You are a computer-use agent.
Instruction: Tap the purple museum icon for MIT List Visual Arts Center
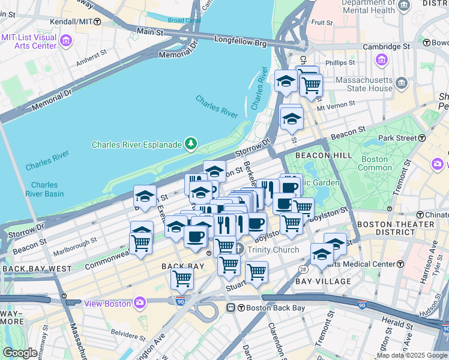[x=66, y=41]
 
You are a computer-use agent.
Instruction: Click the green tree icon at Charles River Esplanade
[x=191, y=143]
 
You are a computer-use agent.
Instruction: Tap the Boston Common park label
[x=375, y=164]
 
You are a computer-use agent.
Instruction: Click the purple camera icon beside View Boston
[x=140, y=303]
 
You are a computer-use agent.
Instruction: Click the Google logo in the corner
[x=20, y=353]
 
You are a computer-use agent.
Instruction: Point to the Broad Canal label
[x=184, y=20]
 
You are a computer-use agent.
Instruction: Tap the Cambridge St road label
[x=389, y=46]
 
